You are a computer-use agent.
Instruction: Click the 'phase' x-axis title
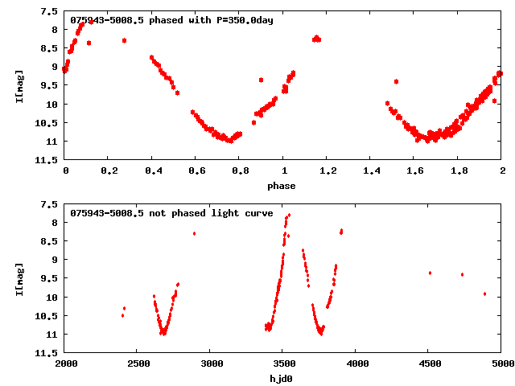click(282, 186)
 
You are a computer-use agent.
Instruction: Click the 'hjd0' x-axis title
click(282, 379)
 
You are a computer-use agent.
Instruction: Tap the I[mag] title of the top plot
click(19, 86)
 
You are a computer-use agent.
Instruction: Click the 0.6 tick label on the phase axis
click(196, 171)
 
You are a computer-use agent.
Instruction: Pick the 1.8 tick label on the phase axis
click(458, 171)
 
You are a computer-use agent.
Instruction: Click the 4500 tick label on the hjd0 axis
click(429, 364)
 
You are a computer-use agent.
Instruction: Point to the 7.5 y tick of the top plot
click(49, 11)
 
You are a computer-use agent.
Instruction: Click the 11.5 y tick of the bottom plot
click(47, 353)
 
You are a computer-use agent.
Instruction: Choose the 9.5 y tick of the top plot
click(49, 86)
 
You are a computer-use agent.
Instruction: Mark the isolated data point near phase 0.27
click(124, 40)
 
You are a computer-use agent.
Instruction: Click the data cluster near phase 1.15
click(316, 39)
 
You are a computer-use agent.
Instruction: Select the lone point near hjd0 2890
click(194, 233)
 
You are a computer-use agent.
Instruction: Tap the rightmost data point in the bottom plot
click(484, 294)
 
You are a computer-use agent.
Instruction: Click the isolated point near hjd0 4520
click(430, 273)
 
